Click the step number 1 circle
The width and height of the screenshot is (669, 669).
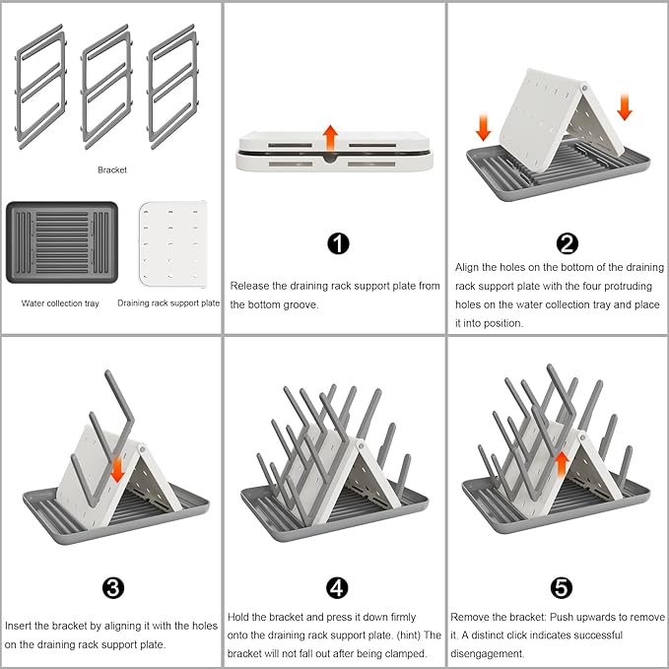tap(338, 244)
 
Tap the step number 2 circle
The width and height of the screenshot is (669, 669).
tap(568, 244)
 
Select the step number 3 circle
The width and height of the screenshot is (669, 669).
tap(113, 588)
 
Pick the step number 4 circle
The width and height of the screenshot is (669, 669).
tap(338, 588)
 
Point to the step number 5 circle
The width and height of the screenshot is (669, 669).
tap(561, 588)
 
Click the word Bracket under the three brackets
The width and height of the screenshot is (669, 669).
tap(111, 170)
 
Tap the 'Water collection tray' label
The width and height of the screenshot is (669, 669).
tap(60, 303)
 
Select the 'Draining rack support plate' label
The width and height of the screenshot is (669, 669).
tap(168, 303)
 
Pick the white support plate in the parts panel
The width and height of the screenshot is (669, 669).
tap(172, 244)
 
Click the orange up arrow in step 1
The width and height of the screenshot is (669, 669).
tap(332, 137)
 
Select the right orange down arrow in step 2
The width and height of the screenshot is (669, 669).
tap(624, 106)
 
